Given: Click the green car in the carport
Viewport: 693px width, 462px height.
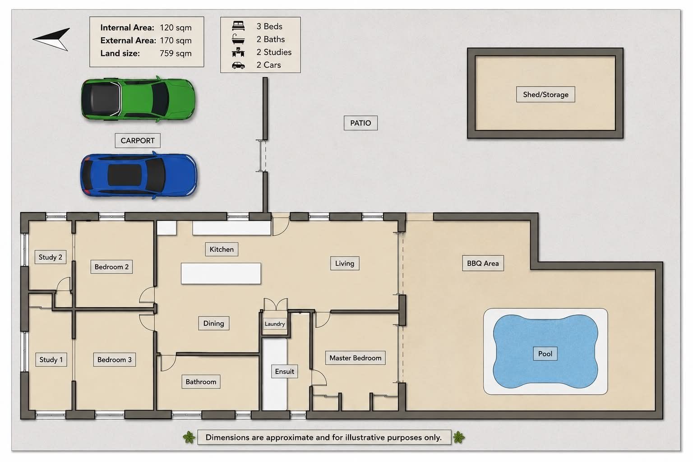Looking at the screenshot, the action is click(139, 99).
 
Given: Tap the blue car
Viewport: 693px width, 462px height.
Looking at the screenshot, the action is click(139, 175).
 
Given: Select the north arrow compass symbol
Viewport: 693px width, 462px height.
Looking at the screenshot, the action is click(51, 39).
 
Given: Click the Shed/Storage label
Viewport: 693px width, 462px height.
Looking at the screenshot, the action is click(545, 94).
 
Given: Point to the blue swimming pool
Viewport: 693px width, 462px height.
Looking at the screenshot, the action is click(545, 351).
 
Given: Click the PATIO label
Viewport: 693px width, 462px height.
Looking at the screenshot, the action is click(360, 123).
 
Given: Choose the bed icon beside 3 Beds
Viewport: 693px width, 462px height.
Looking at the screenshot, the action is click(238, 26).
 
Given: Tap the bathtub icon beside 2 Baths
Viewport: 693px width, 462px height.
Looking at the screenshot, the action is click(238, 39).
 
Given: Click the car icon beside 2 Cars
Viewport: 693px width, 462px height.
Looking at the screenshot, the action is click(238, 65).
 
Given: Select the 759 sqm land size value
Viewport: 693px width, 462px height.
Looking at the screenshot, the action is click(176, 53).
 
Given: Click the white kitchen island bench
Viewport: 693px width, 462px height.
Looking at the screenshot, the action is click(221, 273).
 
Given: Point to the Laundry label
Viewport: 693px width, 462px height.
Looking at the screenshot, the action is click(275, 323).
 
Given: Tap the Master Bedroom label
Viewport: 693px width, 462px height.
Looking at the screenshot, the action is click(355, 358).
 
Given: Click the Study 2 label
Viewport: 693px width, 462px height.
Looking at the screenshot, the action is click(51, 257).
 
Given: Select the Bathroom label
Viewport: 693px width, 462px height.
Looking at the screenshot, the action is click(201, 382).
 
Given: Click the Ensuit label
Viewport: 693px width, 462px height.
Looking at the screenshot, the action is click(285, 371).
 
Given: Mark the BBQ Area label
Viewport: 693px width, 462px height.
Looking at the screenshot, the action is click(483, 263).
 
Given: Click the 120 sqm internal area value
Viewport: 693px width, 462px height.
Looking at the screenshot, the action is click(176, 28).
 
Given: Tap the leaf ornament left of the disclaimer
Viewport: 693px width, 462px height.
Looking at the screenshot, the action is click(189, 437).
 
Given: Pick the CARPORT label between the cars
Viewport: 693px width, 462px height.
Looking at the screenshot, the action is click(138, 140).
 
